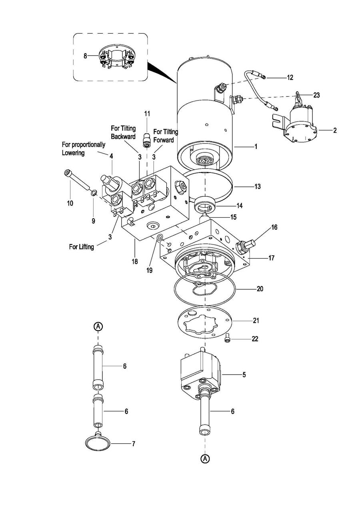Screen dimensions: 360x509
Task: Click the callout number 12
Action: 290,78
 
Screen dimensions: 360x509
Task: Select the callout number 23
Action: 316,95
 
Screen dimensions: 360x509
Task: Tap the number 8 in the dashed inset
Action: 85,56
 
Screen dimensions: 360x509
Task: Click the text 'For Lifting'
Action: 82,247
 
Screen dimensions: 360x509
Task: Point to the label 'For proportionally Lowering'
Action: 84,148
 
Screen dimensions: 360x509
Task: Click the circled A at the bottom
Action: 205,458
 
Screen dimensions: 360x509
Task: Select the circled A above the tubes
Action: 98,327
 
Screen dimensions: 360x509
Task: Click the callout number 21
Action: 256,321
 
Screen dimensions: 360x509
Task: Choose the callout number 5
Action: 244,375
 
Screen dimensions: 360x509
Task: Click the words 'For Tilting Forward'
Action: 166,136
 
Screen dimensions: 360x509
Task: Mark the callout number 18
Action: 135,262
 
